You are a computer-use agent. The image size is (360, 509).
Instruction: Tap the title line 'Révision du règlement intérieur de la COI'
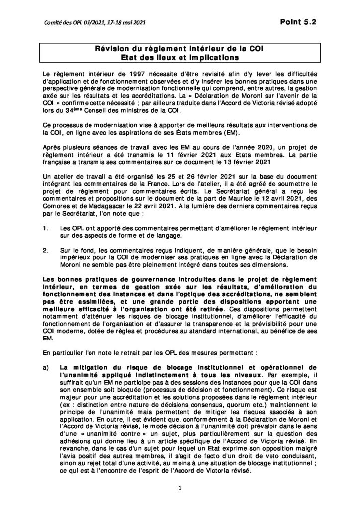[x=180, y=49]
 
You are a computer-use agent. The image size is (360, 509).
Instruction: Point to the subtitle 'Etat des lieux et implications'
[x=180, y=57]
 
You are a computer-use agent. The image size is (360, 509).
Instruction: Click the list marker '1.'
[x=47, y=228]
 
